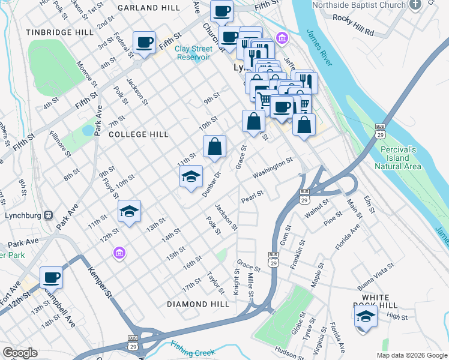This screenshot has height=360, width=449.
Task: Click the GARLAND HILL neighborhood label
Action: coord(149,8)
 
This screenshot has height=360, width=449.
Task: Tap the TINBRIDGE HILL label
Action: coord(58,32)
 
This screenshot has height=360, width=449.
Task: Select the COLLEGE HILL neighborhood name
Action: coord(138,135)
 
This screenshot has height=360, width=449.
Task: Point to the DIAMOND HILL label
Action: coord(198,304)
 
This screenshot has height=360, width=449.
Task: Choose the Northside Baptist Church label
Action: coord(359,5)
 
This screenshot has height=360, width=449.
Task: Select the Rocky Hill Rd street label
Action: coord(353,31)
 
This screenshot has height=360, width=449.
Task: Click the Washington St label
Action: coord(272,168)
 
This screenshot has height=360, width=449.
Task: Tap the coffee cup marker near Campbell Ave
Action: coord(52,278)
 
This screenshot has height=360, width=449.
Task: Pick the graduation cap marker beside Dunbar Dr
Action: coord(191,176)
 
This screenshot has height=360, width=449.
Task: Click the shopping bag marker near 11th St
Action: coord(214,146)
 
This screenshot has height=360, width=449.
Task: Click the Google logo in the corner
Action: coord(20,352)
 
